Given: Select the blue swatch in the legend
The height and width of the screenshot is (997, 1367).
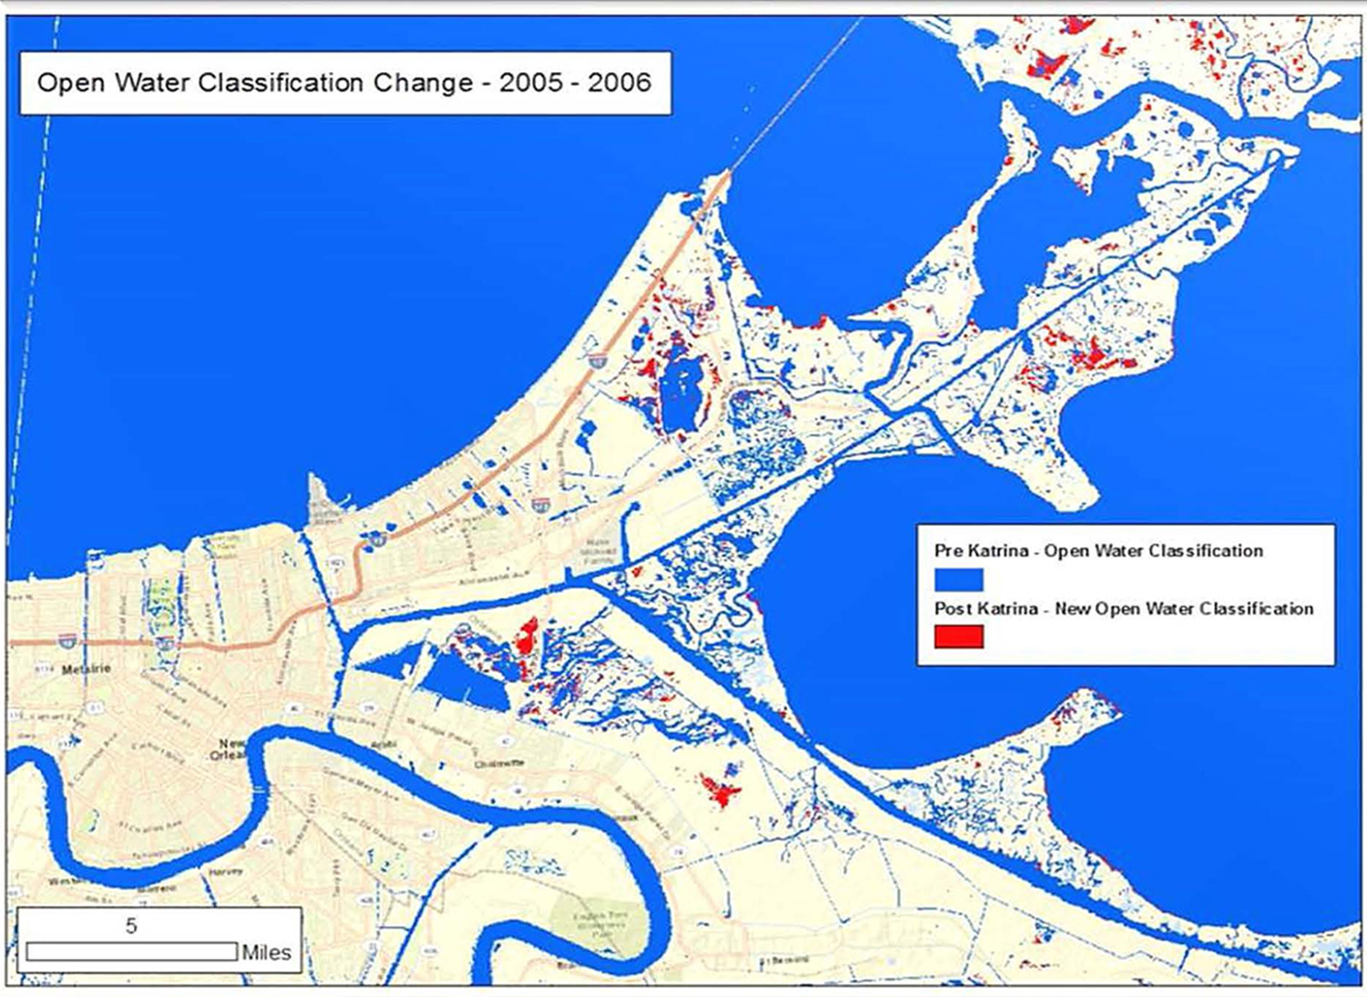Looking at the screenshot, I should pyautogui.click(x=959, y=580).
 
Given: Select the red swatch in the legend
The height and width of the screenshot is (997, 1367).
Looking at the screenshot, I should pyautogui.click(x=959, y=636).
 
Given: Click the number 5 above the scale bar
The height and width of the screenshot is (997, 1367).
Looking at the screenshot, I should pyautogui.click(x=131, y=926).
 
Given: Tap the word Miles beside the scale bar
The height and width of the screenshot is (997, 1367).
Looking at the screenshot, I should pyautogui.click(x=266, y=952).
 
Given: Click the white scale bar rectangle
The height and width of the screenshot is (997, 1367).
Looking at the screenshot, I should pyautogui.click(x=131, y=951).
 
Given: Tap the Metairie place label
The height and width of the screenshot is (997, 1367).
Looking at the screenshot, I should pyautogui.click(x=87, y=670).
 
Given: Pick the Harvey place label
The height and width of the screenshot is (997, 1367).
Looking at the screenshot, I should pyautogui.click(x=225, y=871).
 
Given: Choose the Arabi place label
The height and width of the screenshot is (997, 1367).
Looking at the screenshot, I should pyautogui.click(x=384, y=745).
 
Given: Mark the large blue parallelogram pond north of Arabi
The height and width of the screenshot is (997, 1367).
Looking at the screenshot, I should pyautogui.click(x=462, y=681).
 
